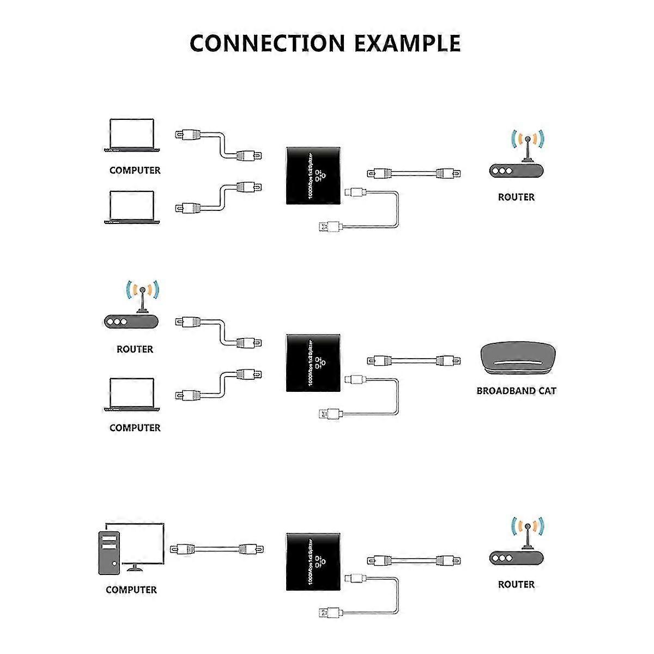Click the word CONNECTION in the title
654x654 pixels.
pyautogui.click(x=268, y=43)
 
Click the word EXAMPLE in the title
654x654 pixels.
pyautogui.click(x=407, y=43)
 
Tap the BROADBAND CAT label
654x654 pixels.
pyautogui.click(x=516, y=391)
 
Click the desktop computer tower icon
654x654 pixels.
pyautogui.click(x=109, y=553)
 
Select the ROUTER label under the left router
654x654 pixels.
pyautogui.click(x=135, y=349)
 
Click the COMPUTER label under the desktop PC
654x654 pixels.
pyautogui.click(x=131, y=590)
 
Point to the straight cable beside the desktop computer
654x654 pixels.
pyautogui.click(x=216, y=549)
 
